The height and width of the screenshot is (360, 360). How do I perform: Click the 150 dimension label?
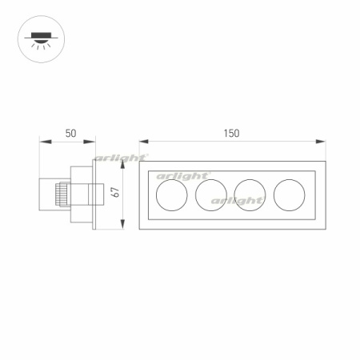coord(231,134)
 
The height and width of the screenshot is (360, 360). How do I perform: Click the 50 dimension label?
coord(70,134)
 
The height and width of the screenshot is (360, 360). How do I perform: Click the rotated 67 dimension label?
coord(116,192)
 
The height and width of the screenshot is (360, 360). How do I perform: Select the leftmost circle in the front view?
coord(172,195)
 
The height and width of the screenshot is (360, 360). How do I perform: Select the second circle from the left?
coord(211,195)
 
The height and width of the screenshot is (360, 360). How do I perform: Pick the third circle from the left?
coord(250,195)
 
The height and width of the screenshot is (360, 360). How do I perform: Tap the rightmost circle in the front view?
coord(289,195)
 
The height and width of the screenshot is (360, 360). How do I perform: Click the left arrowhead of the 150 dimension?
coord(143,142)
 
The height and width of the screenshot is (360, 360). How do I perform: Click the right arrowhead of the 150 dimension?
coord(321,142)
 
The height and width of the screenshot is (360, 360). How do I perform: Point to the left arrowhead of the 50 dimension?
coord(46,142)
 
